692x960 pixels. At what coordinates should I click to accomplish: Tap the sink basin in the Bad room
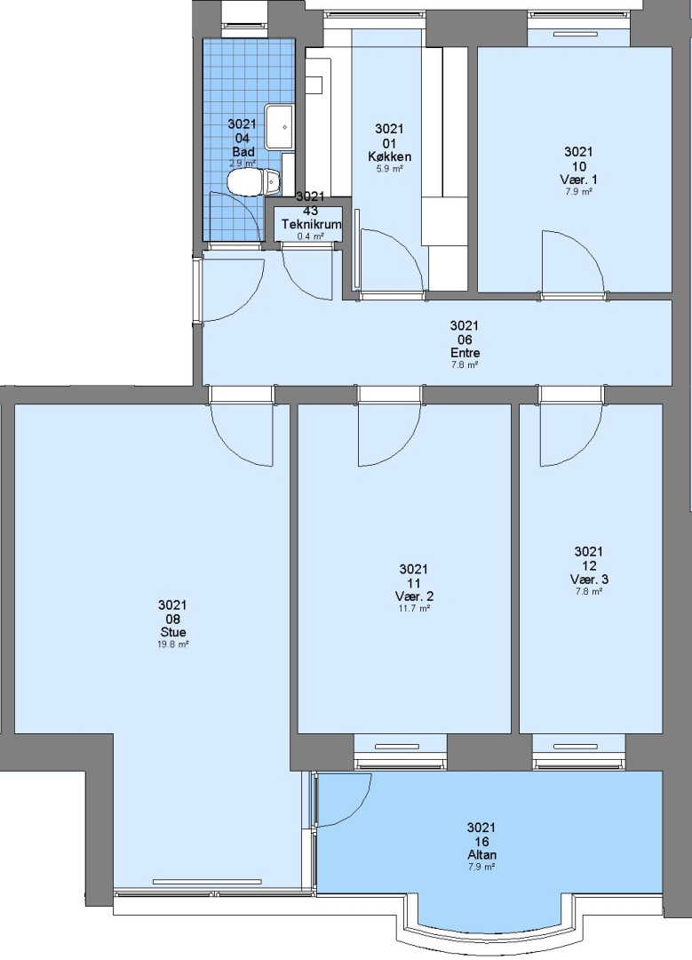pos(280,127)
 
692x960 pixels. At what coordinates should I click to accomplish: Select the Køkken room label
pos(389,156)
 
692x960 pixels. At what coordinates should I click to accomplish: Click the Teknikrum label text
pos(311,224)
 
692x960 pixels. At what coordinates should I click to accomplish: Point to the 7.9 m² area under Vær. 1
pos(578,191)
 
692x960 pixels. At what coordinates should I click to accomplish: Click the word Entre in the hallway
pos(465,353)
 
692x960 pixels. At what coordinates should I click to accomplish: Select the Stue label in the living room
pos(172,632)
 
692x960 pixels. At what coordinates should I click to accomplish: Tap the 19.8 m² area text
pos(172,644)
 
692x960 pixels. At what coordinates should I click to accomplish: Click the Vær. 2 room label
pos(414,596)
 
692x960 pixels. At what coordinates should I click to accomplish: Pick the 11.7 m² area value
pos(414,608)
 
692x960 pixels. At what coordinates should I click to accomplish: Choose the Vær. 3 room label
pos(589,579)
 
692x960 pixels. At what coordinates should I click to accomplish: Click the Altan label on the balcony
pos(481,855)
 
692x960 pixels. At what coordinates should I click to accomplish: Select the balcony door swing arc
pos(357,810)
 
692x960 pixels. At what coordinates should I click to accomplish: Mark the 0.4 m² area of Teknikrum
pos(311,236)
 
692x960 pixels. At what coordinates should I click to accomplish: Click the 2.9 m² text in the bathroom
pos(243,164)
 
